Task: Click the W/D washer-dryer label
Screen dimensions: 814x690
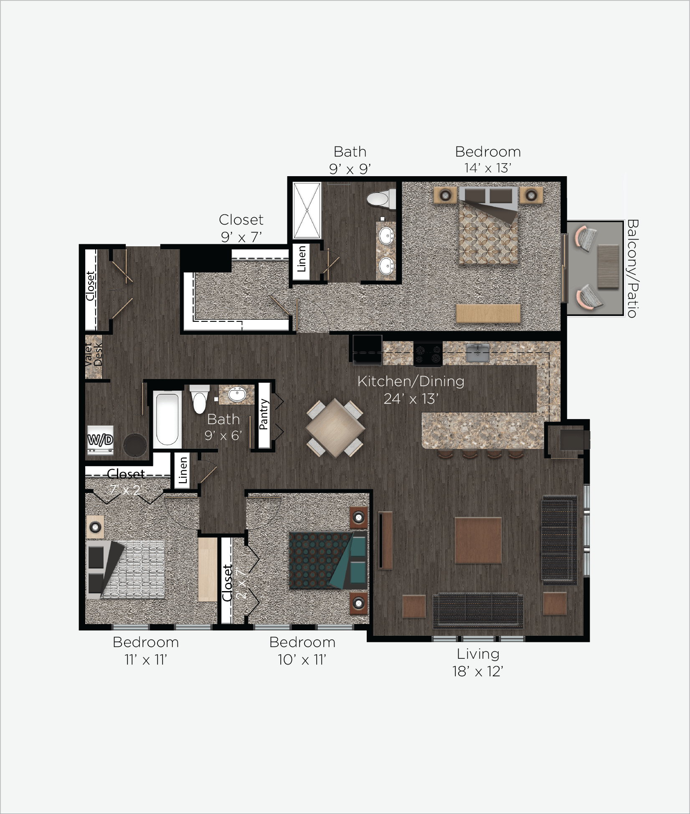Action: point(100,440)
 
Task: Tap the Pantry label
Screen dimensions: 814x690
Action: point(264,414)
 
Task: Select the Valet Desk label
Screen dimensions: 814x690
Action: point(93,355)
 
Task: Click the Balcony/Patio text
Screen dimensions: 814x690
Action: point(632,268)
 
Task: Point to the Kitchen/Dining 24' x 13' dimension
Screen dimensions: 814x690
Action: point(411,399)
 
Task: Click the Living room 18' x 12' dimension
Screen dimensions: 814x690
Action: point(478,671)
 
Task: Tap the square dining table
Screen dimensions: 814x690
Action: point(335,428)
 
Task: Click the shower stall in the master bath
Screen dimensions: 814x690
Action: point(307,210)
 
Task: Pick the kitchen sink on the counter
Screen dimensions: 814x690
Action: point(477,353)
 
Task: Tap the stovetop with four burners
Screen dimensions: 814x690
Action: point(428,354)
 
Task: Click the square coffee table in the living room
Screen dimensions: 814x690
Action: point(478,540)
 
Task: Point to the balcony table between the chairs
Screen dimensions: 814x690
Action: point(608,267)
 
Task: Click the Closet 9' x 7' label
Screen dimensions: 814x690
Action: point(241,228)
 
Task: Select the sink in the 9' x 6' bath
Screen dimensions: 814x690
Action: point(237,394)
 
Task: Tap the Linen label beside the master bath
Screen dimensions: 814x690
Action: point(302,259)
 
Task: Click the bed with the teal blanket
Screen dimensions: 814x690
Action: point(328,560)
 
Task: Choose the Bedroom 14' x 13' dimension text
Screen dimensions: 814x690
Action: point(488,168)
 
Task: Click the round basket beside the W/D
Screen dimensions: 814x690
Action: point(134,444)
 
